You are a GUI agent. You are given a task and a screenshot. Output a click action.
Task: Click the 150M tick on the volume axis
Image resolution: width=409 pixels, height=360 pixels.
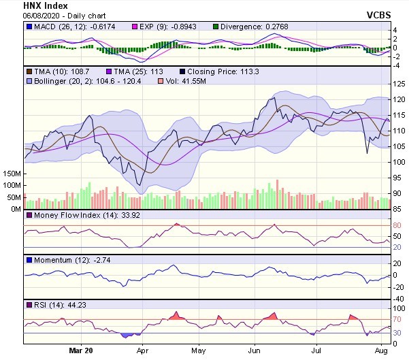(12, 174)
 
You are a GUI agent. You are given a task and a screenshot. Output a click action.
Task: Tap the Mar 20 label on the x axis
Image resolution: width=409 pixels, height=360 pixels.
(81, 351)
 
